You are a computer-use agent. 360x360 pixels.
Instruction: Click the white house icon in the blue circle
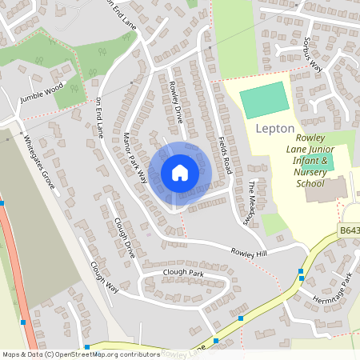(x=179, y=173)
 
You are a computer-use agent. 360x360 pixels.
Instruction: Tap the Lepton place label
(x=275, y=128)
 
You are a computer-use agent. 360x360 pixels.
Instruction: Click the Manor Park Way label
(x=135, y=155)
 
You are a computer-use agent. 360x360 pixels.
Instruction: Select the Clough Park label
(x=183, y=274)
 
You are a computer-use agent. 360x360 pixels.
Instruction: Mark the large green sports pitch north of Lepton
(x=264, y=100)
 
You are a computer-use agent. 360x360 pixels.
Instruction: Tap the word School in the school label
(x=310, y=183)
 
